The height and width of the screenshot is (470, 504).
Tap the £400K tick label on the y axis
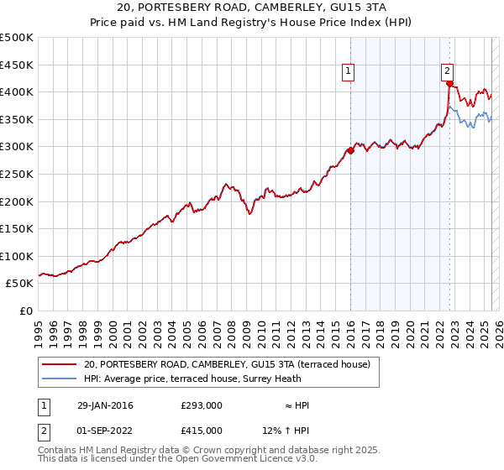(17, 91)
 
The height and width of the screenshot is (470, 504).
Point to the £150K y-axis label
(17, 228)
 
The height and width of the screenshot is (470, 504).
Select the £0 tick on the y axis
(25, 311)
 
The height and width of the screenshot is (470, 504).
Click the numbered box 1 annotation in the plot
(348, 72)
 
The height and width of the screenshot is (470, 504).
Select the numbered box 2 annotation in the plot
(447, 72)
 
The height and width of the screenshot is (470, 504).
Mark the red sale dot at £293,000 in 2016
(350, 150)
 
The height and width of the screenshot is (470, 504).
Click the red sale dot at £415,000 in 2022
(449, 84)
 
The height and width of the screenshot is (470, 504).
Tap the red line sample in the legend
(60, 364)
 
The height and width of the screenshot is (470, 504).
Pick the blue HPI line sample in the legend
(60, 379)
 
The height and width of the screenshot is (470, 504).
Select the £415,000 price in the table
(202, 431)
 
